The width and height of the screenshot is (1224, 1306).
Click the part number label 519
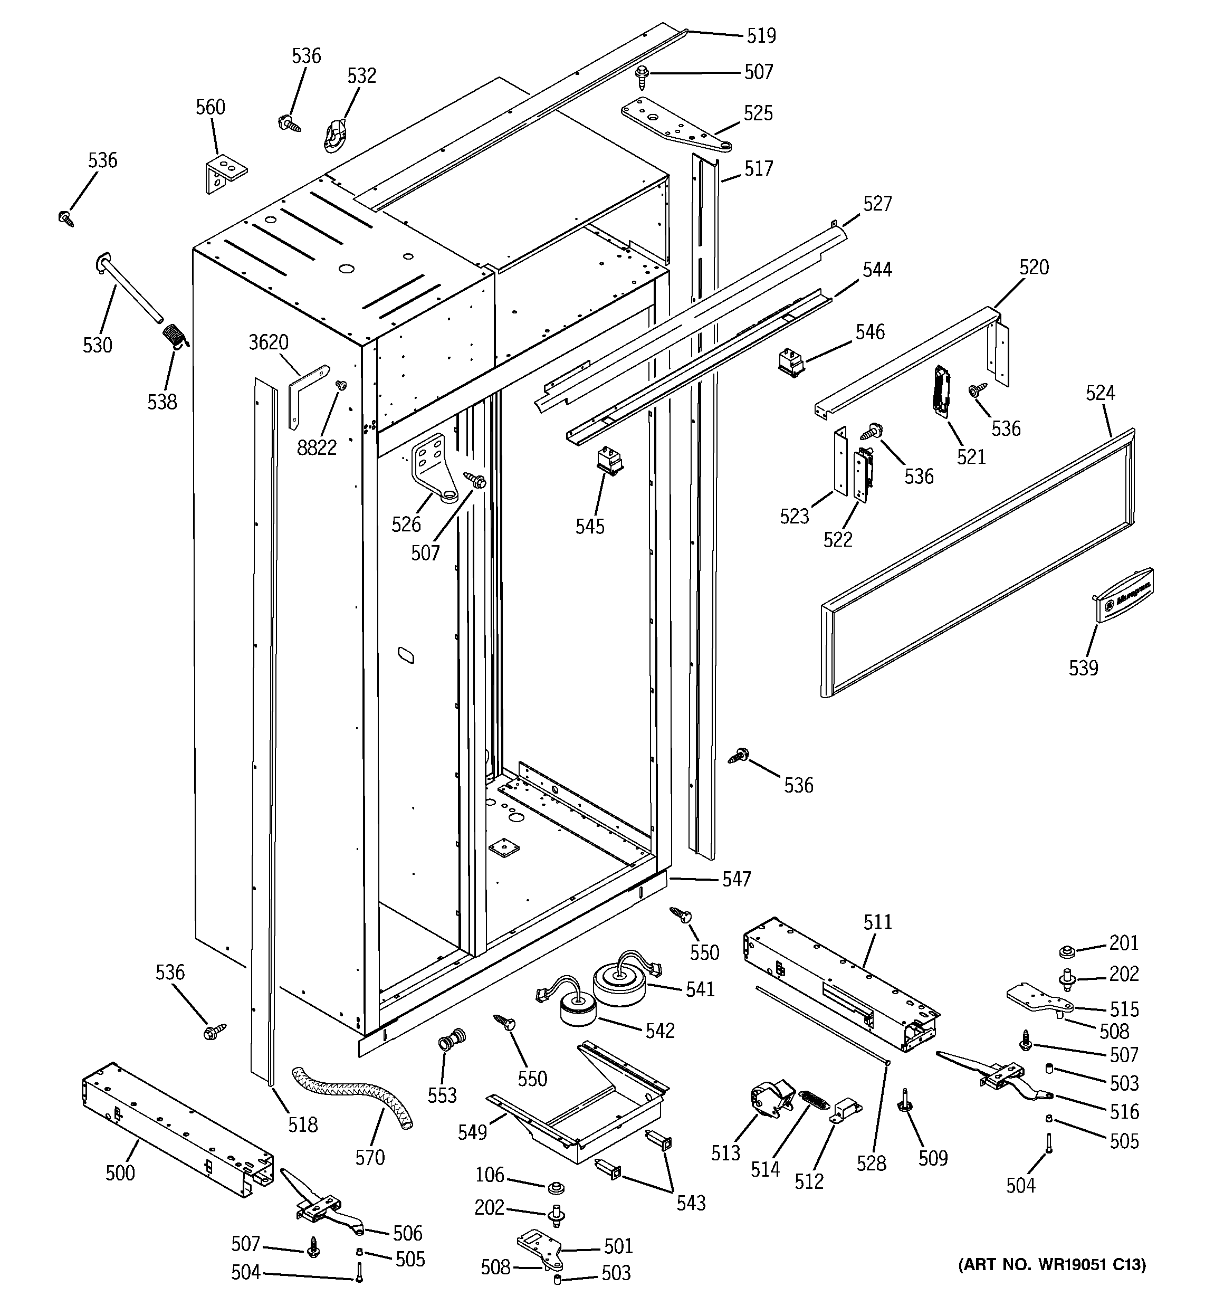click(761, 35)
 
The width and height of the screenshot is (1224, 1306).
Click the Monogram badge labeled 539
click(1125, 594)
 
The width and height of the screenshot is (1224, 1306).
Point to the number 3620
click(268, 342)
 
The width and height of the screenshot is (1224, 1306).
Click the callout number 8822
click(317, 447)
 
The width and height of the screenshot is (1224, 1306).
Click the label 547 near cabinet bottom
click(736, 879)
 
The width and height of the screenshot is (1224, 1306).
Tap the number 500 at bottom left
click(120, 1172)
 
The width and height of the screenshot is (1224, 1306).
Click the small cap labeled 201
click(1066, 951)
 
